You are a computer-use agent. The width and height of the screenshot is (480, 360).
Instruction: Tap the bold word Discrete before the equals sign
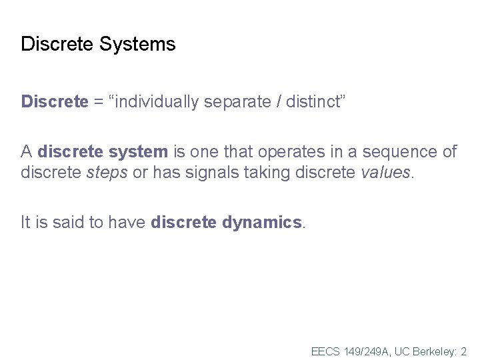(x=55, y=102)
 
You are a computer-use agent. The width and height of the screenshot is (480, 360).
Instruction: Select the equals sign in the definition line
(x=99, y=102)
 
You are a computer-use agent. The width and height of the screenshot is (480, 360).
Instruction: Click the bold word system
(x=137, y=152)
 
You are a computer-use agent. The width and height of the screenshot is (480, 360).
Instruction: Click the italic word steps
(x=108, y=173)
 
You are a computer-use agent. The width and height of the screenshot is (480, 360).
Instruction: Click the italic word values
(x=387, y=173)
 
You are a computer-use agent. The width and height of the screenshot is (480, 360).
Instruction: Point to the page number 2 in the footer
(x=463, y=351)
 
